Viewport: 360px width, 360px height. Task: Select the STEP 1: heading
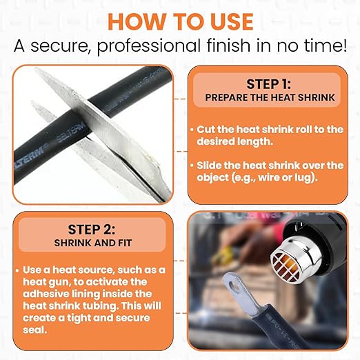[x=268, y=84]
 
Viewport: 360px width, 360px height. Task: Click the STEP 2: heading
[x=92, y=230]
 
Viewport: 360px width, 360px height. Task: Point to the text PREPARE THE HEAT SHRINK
[x=270, y=97]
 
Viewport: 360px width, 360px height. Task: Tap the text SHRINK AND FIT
[x=93, y=243]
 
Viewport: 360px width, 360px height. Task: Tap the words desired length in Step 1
[x=234, y=141]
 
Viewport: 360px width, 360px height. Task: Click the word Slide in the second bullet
[x=209, y=166]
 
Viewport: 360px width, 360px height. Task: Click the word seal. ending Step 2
[x=35, y=330]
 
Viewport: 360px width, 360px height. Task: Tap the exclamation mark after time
[x=343, y=46]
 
